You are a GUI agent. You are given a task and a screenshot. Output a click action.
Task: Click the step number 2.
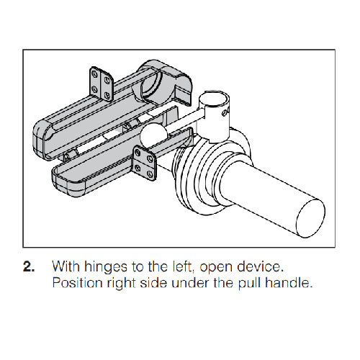click(x=29, y=266)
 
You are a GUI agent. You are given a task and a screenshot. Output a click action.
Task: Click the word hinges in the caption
click(x=105, y=267)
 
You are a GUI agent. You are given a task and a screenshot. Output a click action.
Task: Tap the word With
click(x=66, y=266)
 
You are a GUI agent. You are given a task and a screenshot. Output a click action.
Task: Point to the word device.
click(x=261, y=266)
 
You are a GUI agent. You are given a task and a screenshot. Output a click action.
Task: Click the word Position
click(x=77, y=283)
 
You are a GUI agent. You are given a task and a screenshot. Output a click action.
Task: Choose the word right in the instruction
click(x=122, y=283)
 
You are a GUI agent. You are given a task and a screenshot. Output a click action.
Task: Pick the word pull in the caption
click(x=249, y=283)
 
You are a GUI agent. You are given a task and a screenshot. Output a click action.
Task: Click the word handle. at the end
click(x=289, y=283)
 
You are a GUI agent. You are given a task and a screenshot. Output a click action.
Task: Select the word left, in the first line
click(x=184, y=266)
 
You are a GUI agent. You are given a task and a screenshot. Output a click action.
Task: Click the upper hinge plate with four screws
click(x=102, y=84)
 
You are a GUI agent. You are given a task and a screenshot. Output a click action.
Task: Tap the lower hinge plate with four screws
click(x=145, y=163)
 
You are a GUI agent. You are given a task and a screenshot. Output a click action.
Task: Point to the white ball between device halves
click(x=153, y=136)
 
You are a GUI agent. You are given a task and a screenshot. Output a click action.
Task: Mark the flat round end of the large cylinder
click(x=311, y=218)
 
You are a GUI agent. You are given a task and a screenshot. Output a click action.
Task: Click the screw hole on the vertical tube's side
click(x=225, y=112)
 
